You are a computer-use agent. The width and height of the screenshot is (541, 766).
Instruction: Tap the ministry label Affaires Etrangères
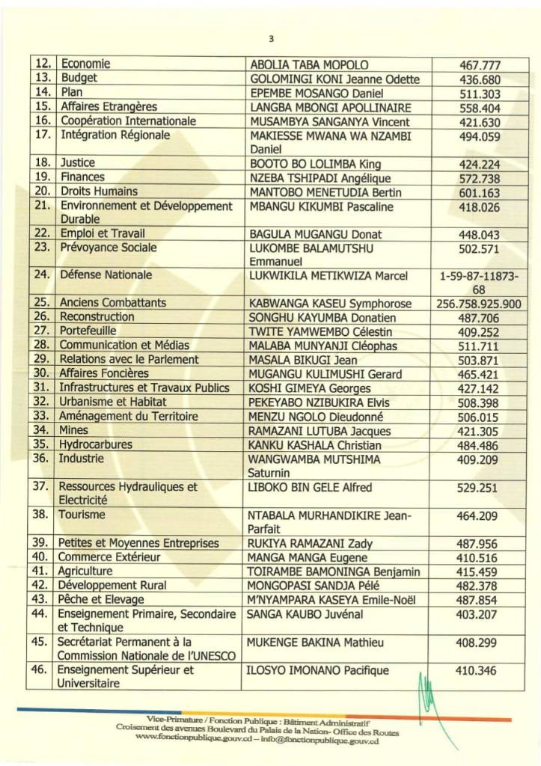pos(108,107)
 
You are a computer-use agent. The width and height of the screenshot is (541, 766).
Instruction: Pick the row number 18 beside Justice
pos(43,164)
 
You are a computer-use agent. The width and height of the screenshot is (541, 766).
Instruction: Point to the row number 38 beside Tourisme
pos(43,515)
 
